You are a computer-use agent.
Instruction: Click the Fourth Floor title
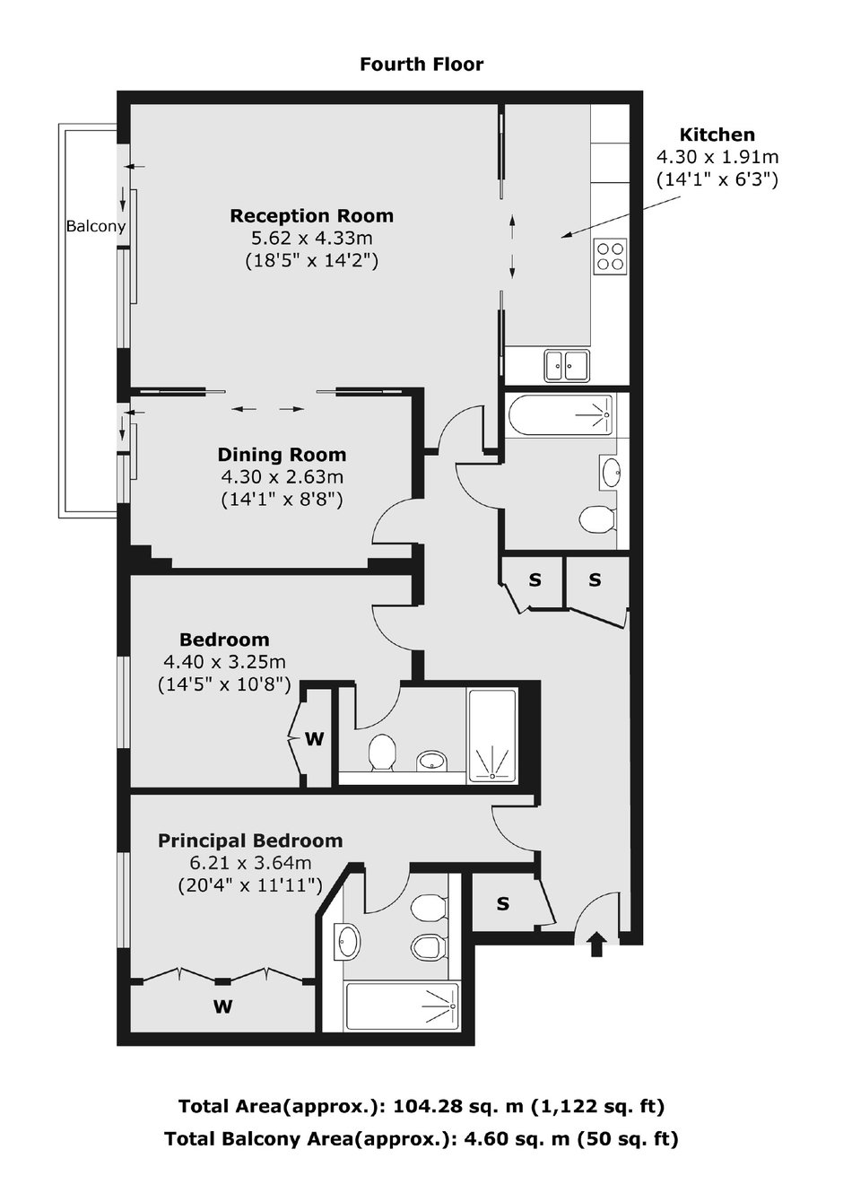pyautogui.click(x=421, y=65)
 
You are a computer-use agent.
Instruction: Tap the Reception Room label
pyautogui.click(x=311, y=215)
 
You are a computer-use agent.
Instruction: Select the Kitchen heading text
pyautogui.click(x=717, y=135)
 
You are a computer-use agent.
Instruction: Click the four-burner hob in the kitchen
pyautogui.click(x=611, y=257)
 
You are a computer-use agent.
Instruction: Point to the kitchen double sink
pyautogui.click(x=567, y=365)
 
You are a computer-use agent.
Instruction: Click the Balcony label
pyautogui.click(x=96, y=226)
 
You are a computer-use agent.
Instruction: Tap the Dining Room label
pyautogui.click(x=282, y=455)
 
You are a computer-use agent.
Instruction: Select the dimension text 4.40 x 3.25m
pyautogui.click(x=224, y=662)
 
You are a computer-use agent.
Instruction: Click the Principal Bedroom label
pyautogui.click(x=250, y=841)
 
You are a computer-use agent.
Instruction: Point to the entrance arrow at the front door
pyautogui.click(x=597, y=945)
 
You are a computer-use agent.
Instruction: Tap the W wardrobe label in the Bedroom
pyautogui.click(x=314, y=739)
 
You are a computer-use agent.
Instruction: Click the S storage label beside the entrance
pyautogui.click(x=503, y=904)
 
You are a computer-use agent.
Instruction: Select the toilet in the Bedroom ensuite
pyautogui.click(x=382, y=752)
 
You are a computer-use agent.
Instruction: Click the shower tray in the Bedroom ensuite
pyautogui.click(x=491, y=736)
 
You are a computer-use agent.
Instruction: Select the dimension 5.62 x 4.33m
pyautogui.click(x=311, y=238)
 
